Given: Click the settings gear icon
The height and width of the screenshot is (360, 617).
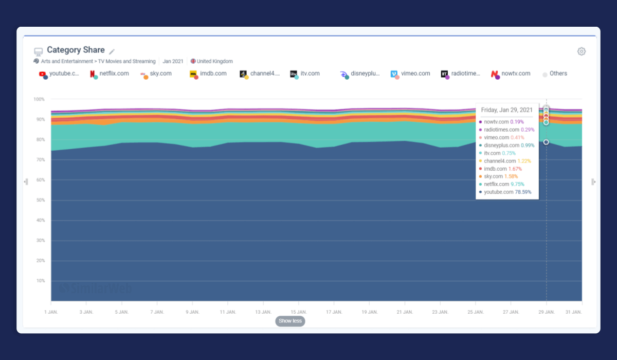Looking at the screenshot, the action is click(581, 51).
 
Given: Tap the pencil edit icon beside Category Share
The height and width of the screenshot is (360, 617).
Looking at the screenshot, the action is click(112, 51).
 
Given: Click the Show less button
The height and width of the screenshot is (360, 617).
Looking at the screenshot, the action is click(290, 321).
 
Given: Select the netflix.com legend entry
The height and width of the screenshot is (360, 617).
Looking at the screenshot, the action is click(110, 74).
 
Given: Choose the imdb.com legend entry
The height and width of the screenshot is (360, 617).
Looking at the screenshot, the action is click(208, 74).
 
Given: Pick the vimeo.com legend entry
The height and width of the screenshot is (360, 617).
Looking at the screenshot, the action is click(410, 74).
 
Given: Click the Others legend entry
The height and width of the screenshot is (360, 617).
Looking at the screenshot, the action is click(555, 74).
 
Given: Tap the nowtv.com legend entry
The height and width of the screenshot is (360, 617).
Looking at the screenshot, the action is click(511, 74).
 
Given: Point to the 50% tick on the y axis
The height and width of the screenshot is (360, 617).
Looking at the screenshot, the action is click(41, 200).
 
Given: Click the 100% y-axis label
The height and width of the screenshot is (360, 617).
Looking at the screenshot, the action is click(39, 99).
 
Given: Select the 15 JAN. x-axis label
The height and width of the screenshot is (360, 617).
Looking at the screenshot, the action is click(299, 312).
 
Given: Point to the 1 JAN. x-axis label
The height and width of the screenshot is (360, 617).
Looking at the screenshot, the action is click(51, 312).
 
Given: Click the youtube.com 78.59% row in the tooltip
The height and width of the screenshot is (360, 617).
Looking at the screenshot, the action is click(505, 192).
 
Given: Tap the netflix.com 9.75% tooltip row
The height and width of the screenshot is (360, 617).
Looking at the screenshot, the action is click(502, 184).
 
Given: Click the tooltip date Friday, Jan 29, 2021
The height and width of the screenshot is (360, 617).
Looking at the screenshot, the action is click(507, 110).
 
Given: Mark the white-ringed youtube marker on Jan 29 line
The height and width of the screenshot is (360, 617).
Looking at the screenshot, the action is click(546, 142).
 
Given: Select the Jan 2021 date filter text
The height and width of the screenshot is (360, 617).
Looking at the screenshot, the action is click(173, 61).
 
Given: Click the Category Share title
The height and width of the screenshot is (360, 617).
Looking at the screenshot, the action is click(76, 50).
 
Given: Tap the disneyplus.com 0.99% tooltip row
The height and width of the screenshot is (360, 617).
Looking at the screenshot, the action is click(507, 145).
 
